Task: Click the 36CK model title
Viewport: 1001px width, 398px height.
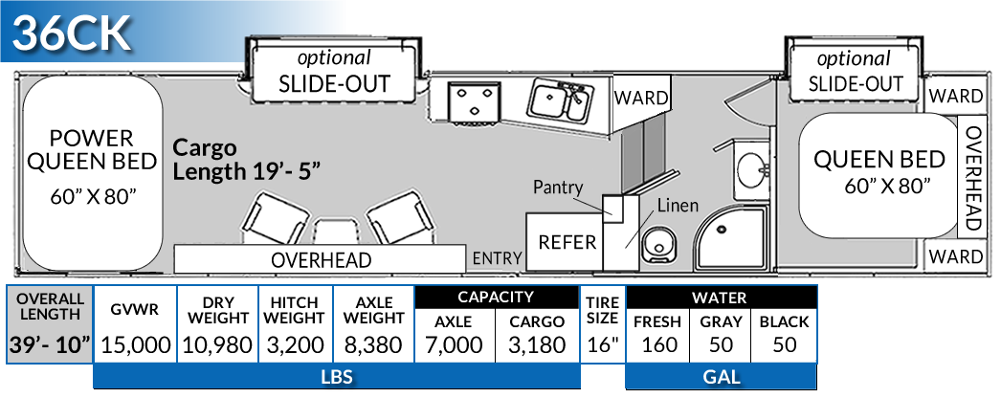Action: click(x=73, y=33)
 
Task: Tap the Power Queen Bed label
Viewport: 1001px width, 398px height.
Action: click(x=92, y=150)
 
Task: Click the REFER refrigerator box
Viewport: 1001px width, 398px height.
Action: click(x=567, y=241)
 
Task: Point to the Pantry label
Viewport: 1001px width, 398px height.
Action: click(x=558, y=188)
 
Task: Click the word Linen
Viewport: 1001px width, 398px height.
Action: click(x=677, y=206)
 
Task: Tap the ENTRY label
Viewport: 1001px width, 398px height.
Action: click(x=498, y=257)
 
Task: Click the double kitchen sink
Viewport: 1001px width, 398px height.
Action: click(x=560, y=100)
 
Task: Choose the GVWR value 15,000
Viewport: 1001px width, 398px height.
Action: click(x=135, y=344)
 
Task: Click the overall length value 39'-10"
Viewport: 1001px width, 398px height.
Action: click(x=51, y=344)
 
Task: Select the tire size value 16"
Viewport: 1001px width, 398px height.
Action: click(x=602, y=344)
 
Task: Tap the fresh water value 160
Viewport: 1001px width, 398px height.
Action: click(x=659, y=344)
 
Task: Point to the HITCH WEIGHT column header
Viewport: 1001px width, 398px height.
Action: click(x=294, y=309)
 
